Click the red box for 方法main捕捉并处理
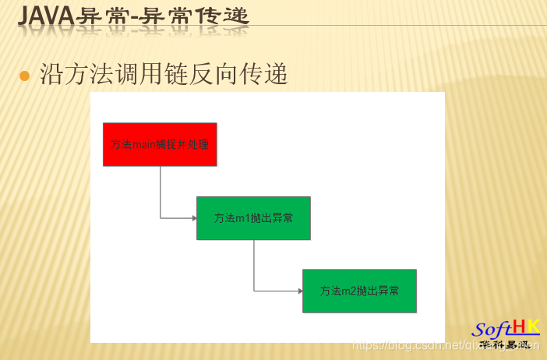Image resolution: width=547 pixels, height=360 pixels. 160,144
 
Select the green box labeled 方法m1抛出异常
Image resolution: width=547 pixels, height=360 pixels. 253,218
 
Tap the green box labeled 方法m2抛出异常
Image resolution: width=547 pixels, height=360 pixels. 359,291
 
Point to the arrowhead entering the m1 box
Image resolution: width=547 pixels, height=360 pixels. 194,218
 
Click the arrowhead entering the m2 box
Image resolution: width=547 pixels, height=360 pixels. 300,291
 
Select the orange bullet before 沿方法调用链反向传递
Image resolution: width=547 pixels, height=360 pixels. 24,76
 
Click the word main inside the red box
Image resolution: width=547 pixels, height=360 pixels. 144,144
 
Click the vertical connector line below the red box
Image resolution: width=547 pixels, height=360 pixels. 161,191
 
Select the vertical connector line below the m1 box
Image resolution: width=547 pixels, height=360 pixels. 254,265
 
